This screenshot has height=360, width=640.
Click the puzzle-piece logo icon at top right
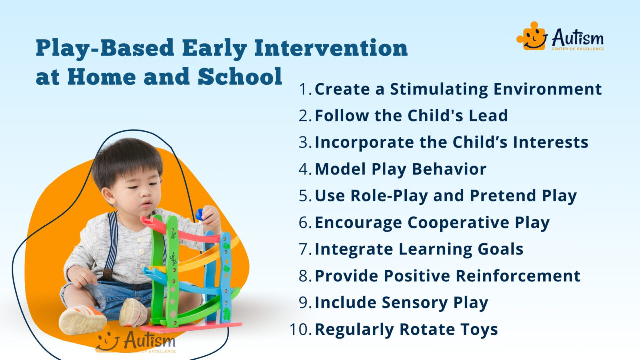point(531,37)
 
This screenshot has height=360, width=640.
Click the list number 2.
point(305,116)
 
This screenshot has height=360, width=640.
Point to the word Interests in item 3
point(550,142)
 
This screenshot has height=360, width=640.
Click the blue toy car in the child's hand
point(200,214)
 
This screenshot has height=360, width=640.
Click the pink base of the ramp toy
point(190,328)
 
